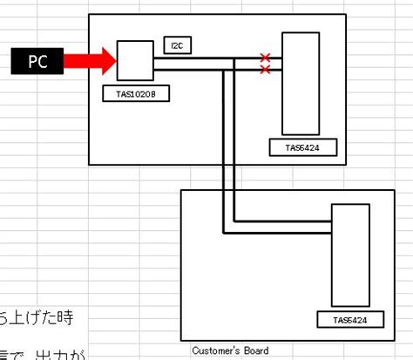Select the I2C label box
pos(177,45)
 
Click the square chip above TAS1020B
pos(135,60)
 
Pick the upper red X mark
pos(265,58)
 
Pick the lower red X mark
pos(265,69)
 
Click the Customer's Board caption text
pos(230,350)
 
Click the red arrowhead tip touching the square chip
pos(114,60)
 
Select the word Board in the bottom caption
pos(255,350)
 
